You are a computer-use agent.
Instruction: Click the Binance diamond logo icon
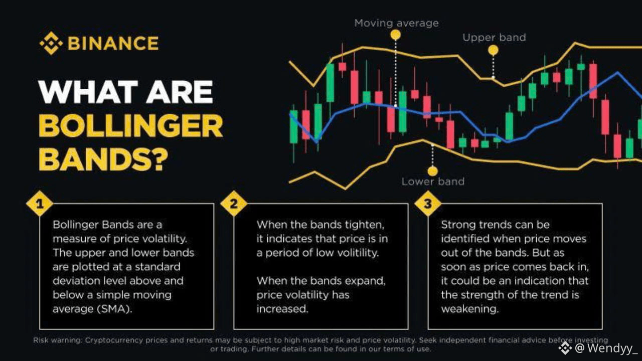pos(51,43)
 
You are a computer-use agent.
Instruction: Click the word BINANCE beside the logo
pos(113,43)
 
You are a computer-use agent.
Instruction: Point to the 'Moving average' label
pos(396,23)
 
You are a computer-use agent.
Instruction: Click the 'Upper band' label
pos(494,38)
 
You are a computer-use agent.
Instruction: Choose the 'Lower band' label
pos(433,182)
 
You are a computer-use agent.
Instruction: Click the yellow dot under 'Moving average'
pos(396,35)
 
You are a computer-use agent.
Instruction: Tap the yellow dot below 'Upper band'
pos(493,50)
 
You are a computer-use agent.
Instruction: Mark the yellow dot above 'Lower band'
pos(432,171)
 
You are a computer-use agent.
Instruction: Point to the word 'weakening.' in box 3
pos(469,309)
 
